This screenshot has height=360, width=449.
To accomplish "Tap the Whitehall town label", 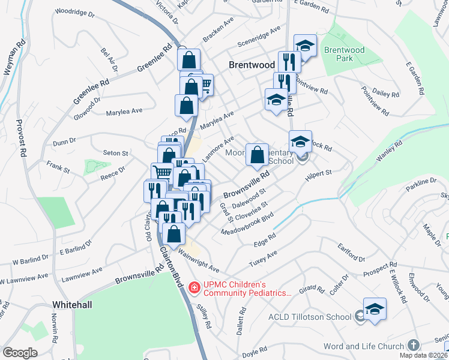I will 72,305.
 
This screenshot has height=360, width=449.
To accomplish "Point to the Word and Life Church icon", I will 413,345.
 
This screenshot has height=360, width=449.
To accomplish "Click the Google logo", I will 20,353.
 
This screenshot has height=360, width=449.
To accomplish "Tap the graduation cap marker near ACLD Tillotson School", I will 375,309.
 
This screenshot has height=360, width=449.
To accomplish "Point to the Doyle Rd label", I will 255,351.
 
